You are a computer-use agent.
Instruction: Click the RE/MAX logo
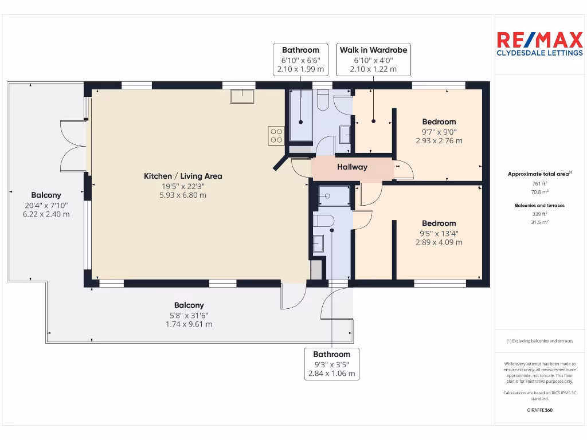[538, 44]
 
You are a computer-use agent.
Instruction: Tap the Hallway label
[352, 167]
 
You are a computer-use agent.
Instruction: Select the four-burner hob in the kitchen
[276, 135]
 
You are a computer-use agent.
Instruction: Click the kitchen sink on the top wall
[242, 96]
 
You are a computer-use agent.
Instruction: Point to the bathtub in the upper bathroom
[300, 115]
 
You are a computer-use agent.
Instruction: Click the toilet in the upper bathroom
[321, 100]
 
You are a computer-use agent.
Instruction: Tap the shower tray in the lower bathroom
[334, 196]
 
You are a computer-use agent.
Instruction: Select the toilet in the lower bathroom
[322, 221]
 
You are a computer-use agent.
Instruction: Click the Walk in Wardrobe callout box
[373, 60]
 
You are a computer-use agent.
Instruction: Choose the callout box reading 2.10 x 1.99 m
[300, 60]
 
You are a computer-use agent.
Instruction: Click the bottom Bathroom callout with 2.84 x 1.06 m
[331, 364]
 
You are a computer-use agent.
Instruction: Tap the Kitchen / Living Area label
[183, 176]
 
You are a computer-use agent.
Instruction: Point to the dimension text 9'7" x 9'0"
[439, 131]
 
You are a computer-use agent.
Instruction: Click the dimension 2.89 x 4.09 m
[439, 242]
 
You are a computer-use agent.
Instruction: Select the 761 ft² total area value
[539, 184]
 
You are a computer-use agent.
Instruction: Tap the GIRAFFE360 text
[539, 410]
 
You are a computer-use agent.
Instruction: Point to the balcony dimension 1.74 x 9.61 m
[189, 324]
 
